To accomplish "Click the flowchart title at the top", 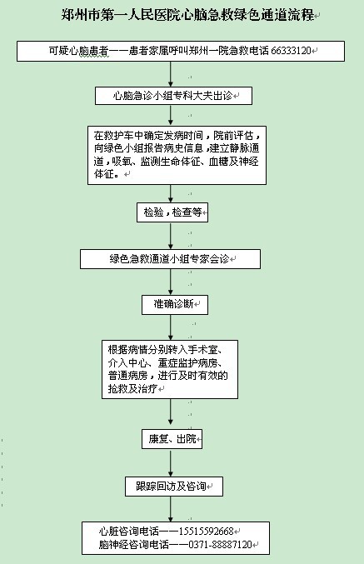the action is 187,15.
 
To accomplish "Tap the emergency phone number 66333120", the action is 291,51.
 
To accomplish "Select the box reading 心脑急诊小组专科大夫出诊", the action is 173,96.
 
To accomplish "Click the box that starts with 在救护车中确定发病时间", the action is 177,155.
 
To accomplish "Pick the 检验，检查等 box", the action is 172,212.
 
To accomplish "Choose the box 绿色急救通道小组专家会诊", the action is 170,259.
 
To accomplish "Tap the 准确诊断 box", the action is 175,305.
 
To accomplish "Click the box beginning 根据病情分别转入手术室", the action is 170,369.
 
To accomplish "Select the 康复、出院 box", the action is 172,439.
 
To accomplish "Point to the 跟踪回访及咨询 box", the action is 174,487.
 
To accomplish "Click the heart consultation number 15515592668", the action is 206,531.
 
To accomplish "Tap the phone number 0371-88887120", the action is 221,545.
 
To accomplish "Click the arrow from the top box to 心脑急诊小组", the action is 171,74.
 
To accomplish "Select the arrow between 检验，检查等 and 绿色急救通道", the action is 171,236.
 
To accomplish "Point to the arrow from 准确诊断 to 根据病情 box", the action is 171,327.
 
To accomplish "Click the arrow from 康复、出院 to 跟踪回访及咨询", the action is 171,462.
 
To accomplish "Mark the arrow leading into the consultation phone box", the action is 171,509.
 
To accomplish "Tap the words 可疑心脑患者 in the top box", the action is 78,51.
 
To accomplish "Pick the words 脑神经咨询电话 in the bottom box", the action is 134,545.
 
